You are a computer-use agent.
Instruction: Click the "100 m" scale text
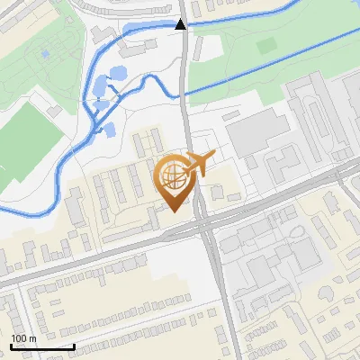[23, 338]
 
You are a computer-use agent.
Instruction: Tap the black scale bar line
[41, 346]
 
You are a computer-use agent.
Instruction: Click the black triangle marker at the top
[181, 24]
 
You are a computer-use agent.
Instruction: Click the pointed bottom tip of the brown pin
[173, 210]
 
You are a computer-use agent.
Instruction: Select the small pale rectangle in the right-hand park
[265, 45]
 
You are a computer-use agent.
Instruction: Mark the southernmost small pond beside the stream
[109, 130]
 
